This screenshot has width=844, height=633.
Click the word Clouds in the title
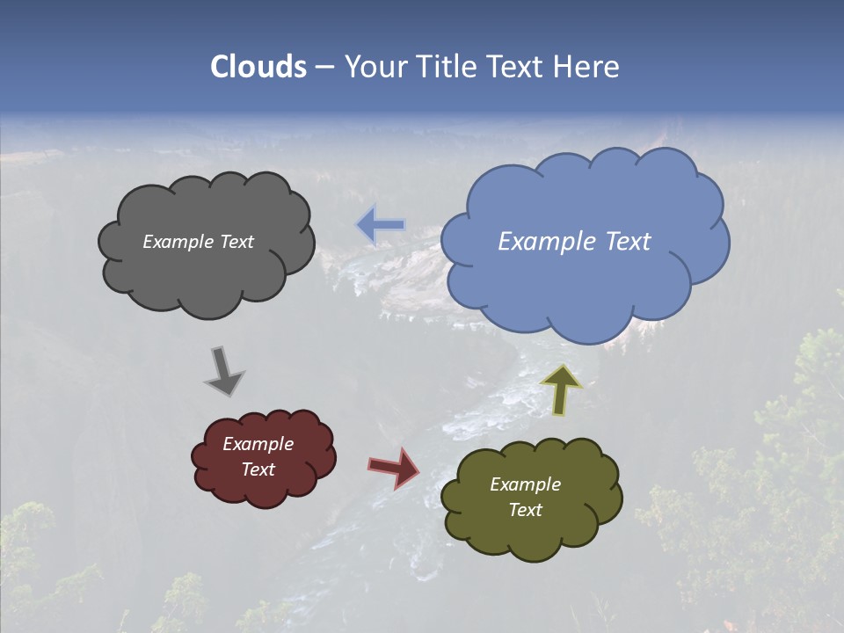(x=258, y=67)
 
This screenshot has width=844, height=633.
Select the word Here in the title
(x=589, y=67)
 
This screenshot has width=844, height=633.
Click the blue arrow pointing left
(x=380, y=226)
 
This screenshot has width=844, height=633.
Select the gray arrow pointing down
(x=224, y=371)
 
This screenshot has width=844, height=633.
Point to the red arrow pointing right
(x=394, y=468)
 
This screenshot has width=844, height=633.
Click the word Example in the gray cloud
(x=177, y=242)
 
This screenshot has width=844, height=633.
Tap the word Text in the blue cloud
(x=628, y=242)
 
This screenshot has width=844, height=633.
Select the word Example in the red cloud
(x=258, y=444)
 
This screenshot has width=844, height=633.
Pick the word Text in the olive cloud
(x=525, y=510)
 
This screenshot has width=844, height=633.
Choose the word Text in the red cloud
(x=258, y=469)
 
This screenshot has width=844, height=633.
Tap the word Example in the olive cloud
(x=525, y=484)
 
